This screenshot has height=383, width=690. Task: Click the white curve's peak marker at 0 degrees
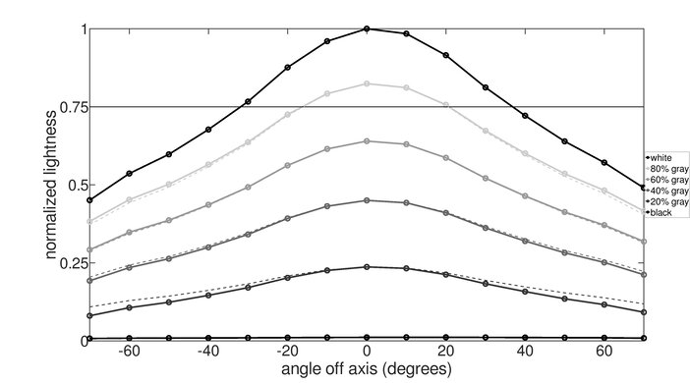coord(367,28)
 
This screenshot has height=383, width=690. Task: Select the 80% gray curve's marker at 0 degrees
coord(367,83)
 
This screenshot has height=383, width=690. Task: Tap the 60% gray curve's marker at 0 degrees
coord(367,140)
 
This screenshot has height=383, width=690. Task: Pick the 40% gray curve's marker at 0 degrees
coord(367,200)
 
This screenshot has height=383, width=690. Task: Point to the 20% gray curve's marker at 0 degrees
coord(367,267)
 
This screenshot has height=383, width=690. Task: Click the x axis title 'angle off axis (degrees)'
coord(366,371)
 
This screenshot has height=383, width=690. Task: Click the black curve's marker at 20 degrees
coord(445,338)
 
